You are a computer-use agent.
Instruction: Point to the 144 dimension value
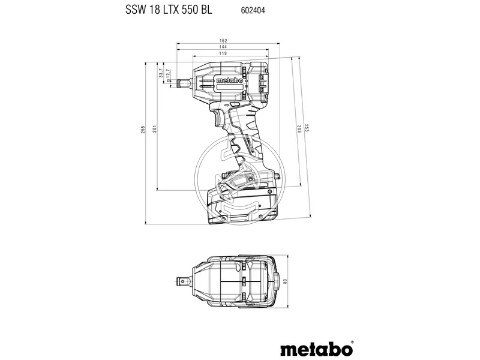tap(223, 47)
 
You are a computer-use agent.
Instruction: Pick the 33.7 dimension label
tap(160, 74)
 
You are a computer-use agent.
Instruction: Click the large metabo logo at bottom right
tap(314, 348)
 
